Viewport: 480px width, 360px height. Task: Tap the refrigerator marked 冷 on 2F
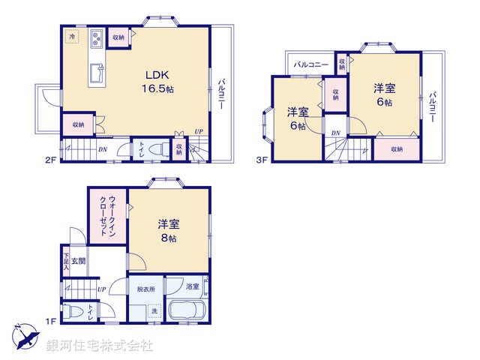(x=72, y=36)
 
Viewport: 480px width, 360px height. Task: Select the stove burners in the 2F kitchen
(x=97, y=38)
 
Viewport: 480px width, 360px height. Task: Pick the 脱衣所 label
(x=146, y=287)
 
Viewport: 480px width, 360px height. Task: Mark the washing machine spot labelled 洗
(x=155, y=310)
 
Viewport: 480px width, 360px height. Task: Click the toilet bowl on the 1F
(x=73, y=312)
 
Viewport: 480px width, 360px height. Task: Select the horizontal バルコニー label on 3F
(x=310, y=65)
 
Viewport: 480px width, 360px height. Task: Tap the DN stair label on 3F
(x=336, y=133)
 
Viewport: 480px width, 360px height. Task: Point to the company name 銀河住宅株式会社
(x=100, y=346)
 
